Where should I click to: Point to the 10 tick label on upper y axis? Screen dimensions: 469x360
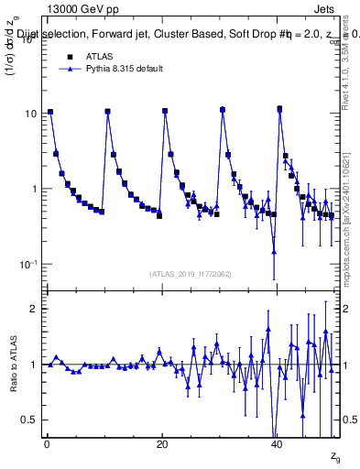click(x=29, y=114)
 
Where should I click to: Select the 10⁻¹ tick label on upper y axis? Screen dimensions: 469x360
click(x=27, y=265)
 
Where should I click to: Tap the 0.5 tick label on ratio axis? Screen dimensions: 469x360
click(x=27, y=420)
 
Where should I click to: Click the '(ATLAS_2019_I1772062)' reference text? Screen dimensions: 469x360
click(x=191, y=273)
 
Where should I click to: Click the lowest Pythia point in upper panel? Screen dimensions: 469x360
click(x=274, y=251)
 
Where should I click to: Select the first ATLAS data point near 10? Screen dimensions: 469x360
click(x=50, y=112)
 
